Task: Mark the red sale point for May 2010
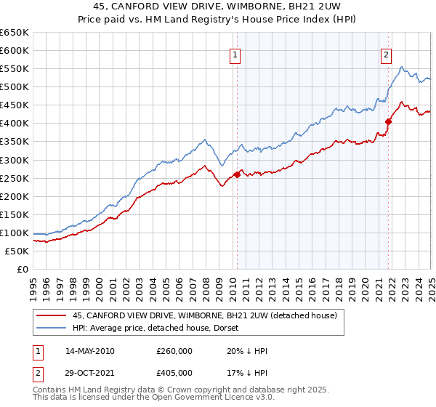click(237, 174)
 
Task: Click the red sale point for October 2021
click(389, 121)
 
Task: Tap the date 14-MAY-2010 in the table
click(89, 351)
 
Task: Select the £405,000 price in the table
click(174, 373)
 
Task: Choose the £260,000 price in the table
click(174, 351)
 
